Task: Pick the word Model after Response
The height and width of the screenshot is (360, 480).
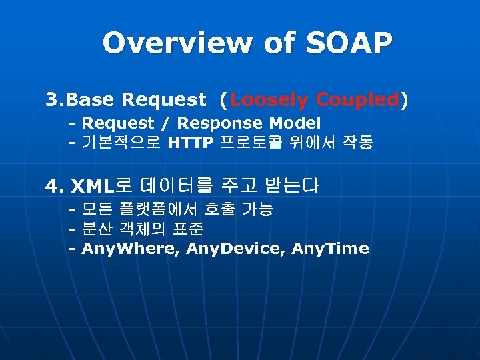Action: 295,123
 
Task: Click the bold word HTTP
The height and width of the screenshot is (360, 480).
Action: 191,143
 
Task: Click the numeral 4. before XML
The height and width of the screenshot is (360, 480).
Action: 54,186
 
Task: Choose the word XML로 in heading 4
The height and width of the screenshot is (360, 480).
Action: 101,186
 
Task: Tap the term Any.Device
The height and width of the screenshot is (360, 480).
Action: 229,249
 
